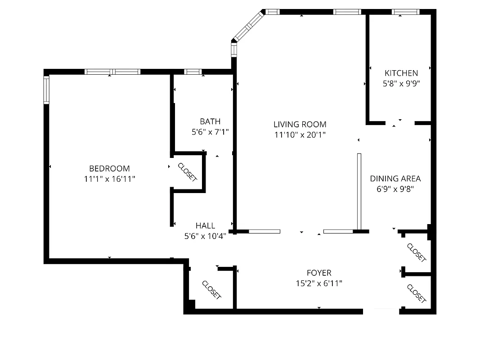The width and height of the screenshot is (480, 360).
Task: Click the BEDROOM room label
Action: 109,169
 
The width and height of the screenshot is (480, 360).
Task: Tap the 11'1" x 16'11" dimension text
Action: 109,179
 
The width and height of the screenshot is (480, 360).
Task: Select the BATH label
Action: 210,121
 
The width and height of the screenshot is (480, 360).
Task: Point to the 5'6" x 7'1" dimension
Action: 210,132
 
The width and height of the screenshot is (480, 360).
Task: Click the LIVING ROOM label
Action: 300,125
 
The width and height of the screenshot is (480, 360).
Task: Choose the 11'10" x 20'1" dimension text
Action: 300,135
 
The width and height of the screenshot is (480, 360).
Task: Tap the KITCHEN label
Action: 401,73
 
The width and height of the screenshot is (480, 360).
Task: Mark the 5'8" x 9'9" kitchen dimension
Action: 401,83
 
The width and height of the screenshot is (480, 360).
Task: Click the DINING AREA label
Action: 395,179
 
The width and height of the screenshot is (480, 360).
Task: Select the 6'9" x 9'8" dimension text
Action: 395,189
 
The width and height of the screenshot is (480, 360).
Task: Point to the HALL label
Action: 205,226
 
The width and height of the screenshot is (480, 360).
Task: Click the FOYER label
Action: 319,273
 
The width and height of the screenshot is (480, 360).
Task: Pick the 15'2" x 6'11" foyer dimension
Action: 319,283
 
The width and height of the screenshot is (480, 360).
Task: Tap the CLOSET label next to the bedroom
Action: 188,172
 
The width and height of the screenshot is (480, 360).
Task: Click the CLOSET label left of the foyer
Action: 211,290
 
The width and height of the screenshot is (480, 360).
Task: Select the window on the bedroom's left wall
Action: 46,90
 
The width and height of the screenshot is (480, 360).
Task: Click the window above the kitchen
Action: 405,12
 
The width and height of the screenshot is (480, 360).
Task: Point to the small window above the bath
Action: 193,72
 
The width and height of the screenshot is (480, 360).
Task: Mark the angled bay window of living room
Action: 247,27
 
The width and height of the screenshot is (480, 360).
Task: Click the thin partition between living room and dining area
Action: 359,191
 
